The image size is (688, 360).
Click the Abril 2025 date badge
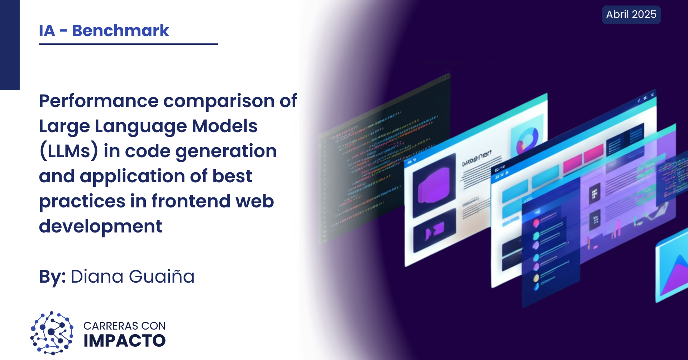(x=631, y=15)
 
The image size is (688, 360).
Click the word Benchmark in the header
(x=120, y=31)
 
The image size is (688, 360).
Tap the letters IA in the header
(x=47, y=31)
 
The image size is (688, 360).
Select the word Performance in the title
(x=99, y=101)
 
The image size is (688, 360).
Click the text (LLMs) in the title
(x=68, y=151)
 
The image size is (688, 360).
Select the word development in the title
(x=101, y=227)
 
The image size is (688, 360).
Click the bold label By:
(x=52, y=277)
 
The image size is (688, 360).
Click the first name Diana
(x=97, y=277)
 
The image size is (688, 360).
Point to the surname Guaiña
(x=161, y=277)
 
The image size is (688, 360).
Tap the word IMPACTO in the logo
(x=124, y=341)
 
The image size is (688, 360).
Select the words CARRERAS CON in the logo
(x=124, y=326)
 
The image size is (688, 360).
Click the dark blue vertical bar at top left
(x=10, y=45)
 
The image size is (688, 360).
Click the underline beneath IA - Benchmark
(x=128, y=44)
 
